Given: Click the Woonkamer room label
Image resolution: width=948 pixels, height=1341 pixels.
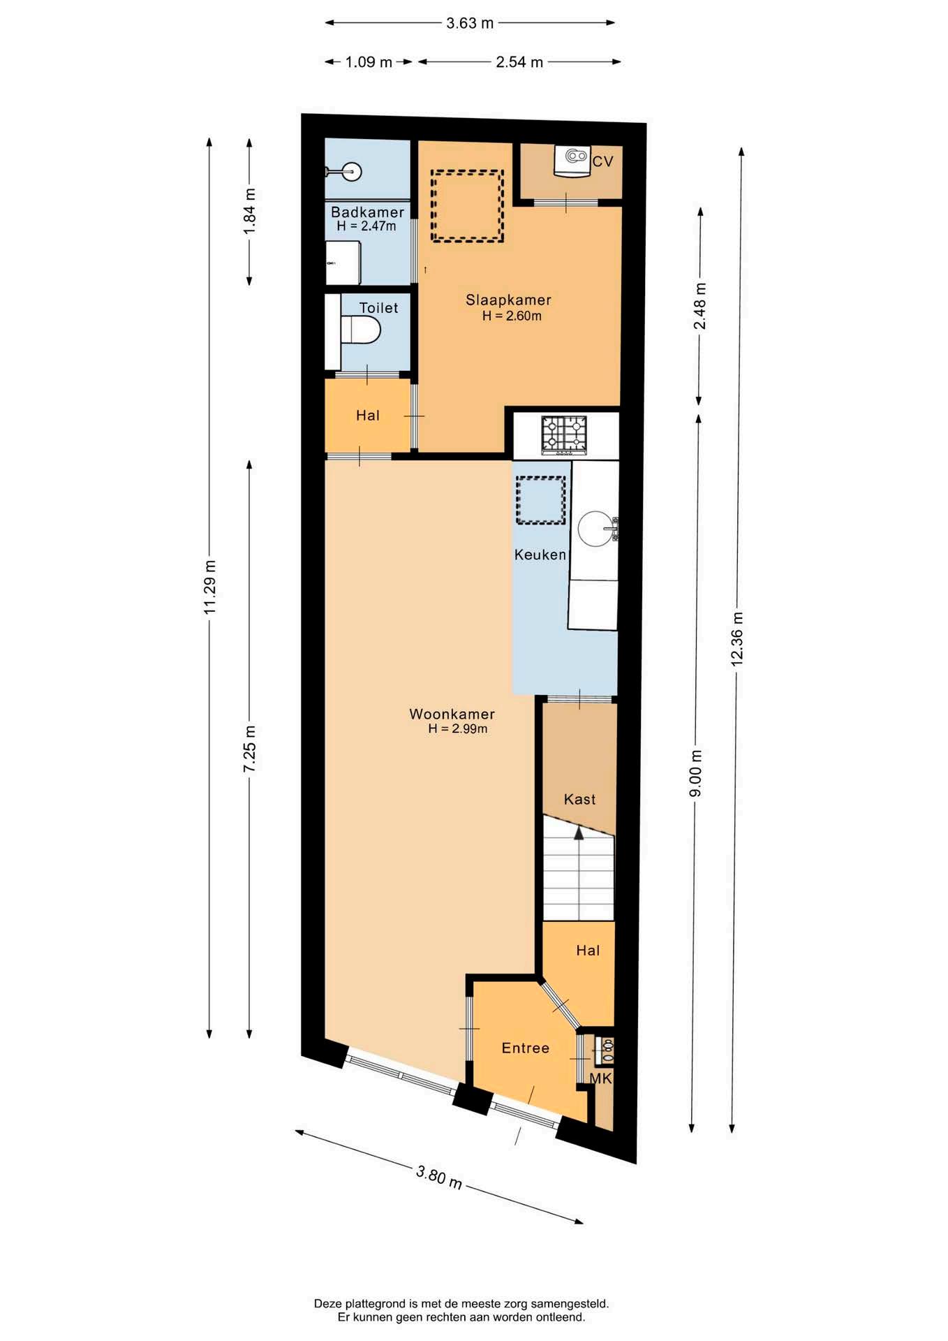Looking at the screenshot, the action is coord(452,714).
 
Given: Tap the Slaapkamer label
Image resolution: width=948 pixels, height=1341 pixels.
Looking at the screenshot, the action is coord(508,300).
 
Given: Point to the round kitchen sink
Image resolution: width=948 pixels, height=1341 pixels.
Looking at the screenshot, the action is coord(595,528).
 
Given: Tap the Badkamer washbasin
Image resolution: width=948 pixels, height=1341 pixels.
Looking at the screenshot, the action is coord(347,170).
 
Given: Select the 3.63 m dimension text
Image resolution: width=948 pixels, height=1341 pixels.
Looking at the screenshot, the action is coord(470,23).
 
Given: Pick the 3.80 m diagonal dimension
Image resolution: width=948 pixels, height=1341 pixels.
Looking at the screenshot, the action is coord(439,1176).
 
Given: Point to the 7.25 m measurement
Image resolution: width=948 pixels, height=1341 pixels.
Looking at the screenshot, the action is coord(249,749).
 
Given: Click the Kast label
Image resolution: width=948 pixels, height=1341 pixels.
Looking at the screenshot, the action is coord(579,799).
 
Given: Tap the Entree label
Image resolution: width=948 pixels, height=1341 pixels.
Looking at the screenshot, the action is coord(526,1048).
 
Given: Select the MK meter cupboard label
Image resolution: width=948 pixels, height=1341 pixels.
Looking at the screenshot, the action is coord(600,1078).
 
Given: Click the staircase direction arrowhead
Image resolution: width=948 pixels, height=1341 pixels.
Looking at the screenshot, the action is coord(579,832).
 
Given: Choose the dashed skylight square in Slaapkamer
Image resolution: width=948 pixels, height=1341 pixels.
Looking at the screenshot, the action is coord(467,206).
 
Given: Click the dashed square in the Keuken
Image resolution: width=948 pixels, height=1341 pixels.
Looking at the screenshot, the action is coord(540,500).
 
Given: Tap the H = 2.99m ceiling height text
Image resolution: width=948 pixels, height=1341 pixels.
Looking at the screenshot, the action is coord(458,728).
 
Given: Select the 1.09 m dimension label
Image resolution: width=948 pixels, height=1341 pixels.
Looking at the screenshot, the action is coord(369,62).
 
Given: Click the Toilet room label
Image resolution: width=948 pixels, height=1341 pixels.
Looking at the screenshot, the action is coord(378,307).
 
